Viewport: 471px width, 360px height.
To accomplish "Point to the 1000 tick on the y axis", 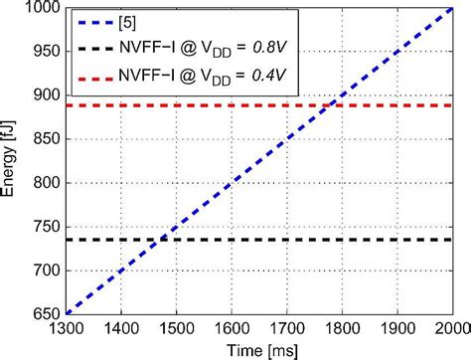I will pos(37,9).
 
